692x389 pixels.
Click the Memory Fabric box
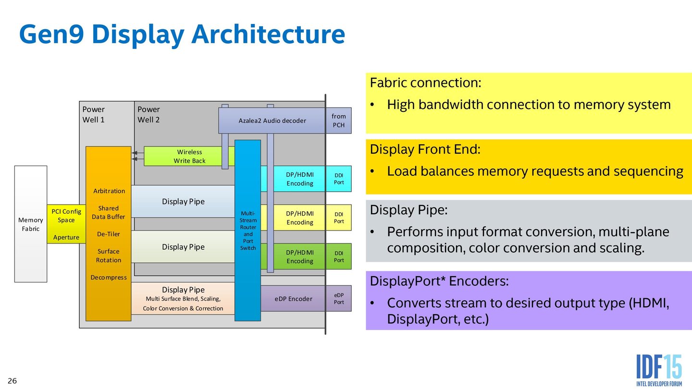coord(31,224)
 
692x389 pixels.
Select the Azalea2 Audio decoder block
coord(272,121)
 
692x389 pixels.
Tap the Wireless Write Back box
coord(189,156)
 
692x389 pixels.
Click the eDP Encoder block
coord(293,299)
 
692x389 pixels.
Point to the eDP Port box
coord(338,298)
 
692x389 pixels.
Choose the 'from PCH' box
coord(338,121)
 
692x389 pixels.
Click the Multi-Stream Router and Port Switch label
coord(248,230)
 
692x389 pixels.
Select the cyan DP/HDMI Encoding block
coord(299,179)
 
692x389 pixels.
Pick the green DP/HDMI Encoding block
coord(299,256)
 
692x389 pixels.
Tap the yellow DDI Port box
coord(338,218)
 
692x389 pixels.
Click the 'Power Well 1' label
coord(94,114)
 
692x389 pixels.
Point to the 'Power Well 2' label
coord(148,114)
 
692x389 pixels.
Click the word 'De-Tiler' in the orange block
coord(109,234)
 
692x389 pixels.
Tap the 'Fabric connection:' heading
coord(425,83)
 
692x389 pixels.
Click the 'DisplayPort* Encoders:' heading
coord(439,281)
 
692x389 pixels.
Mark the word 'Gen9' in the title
coord(50,35)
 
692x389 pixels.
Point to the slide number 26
coord(12,381)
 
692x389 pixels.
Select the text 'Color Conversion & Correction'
coord(183,308)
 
